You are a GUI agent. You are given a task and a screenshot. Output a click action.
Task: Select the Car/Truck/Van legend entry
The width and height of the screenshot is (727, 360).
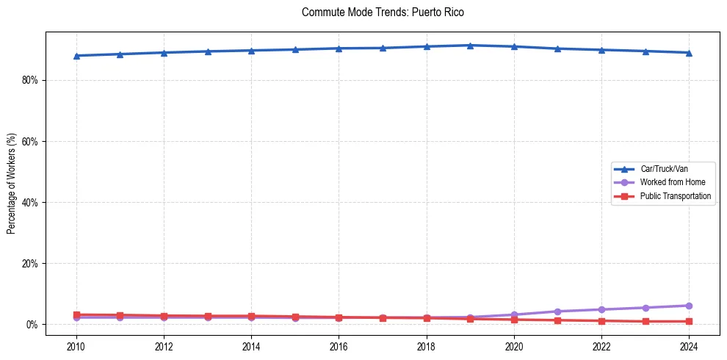click(663, 169)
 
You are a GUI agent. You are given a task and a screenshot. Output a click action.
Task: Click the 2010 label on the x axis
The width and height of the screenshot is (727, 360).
click(76, 346)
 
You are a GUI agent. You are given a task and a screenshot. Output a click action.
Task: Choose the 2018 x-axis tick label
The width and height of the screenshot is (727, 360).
click(427, 346)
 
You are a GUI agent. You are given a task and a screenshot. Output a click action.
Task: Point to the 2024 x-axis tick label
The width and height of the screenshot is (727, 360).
click(689, 346)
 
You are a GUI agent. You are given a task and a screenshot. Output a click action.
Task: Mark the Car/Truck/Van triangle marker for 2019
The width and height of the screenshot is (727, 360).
click(470, 46)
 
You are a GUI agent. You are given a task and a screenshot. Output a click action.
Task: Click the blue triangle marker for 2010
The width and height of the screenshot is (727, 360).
click(76, 56)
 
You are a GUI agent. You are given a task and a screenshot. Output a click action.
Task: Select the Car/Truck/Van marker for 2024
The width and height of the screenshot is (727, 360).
click(689, 53)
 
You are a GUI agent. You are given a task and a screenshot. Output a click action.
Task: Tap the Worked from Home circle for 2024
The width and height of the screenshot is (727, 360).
click(689, 306)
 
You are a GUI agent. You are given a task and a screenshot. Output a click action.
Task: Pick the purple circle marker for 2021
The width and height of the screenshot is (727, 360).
click(557, 312)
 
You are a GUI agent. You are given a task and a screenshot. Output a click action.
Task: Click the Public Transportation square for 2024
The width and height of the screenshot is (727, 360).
click(689, 321)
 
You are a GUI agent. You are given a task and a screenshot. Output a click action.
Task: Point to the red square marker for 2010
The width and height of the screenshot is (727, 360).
click(76, 315)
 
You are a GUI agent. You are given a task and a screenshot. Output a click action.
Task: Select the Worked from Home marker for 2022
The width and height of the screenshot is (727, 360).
click(601, 309)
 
